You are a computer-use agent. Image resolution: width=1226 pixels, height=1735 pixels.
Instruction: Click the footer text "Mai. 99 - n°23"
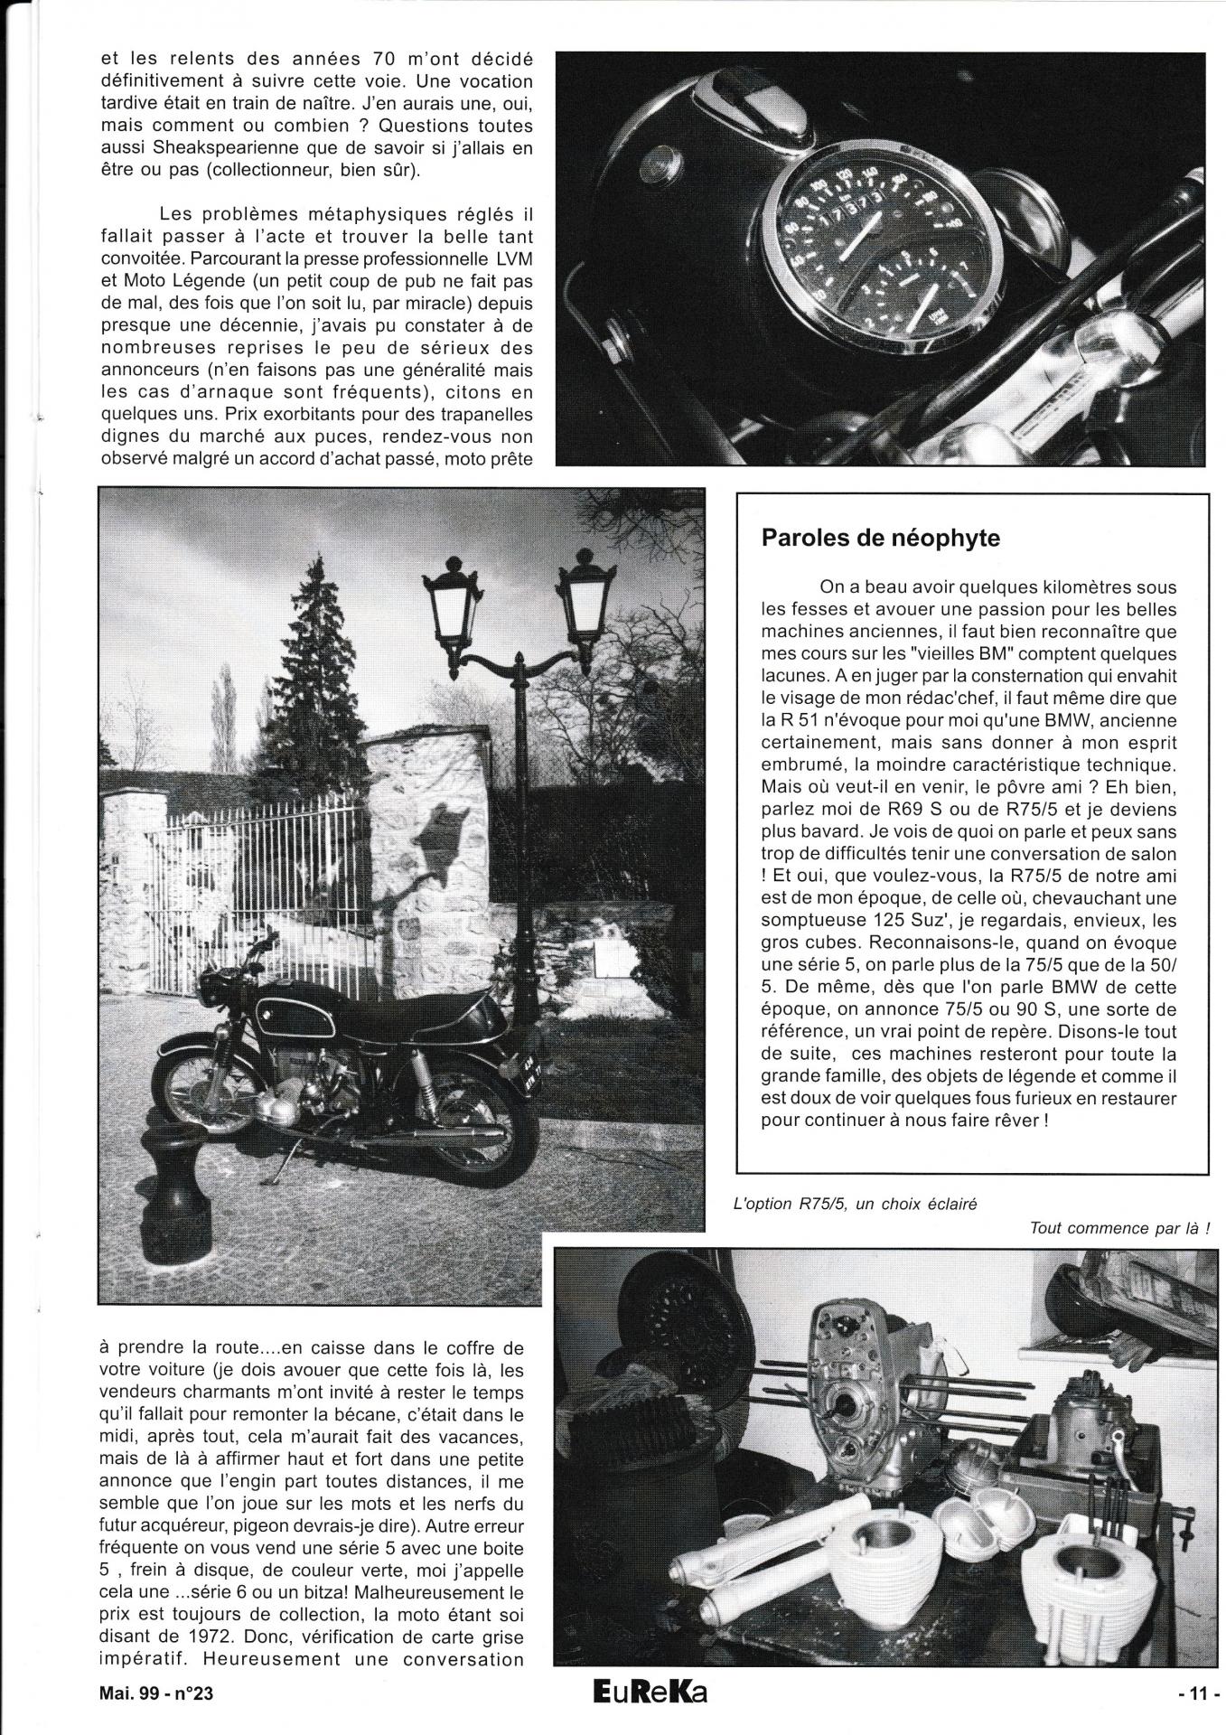[x=152, y=1716]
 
